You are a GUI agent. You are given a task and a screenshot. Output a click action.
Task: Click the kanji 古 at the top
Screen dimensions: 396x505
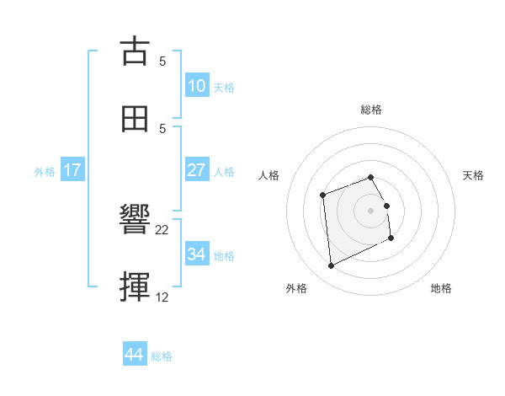point(136,51)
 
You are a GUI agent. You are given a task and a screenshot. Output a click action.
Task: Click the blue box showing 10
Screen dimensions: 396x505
point(197,86)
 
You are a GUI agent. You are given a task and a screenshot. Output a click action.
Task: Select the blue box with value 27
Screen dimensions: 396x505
point(196,170)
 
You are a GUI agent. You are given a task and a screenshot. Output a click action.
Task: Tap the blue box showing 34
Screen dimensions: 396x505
point(197,254)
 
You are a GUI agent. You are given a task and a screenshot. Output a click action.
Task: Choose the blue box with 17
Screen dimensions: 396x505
point(72,170)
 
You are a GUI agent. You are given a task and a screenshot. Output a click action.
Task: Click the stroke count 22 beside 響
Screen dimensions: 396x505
point(162,229)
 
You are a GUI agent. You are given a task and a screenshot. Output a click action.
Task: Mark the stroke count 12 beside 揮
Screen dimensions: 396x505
point(162,297)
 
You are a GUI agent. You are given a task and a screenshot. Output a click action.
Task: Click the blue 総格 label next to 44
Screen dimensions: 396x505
point(162,356)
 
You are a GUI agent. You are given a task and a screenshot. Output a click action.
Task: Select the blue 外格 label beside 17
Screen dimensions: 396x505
point(45,171)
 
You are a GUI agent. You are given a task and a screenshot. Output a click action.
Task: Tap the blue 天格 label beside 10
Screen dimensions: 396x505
point(224,87)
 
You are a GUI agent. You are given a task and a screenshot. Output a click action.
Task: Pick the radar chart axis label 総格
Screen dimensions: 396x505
point(371,110)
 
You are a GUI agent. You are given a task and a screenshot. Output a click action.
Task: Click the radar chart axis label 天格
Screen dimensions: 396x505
point(473,175)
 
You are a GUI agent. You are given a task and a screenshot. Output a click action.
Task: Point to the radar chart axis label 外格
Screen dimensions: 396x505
point(296,289)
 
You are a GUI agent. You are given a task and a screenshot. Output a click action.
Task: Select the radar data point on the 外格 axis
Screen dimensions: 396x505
point(331,266)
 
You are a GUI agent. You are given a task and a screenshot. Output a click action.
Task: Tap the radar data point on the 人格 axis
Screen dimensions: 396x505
point(322,195)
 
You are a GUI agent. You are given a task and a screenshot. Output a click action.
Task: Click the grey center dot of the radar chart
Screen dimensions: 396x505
point(371,211)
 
